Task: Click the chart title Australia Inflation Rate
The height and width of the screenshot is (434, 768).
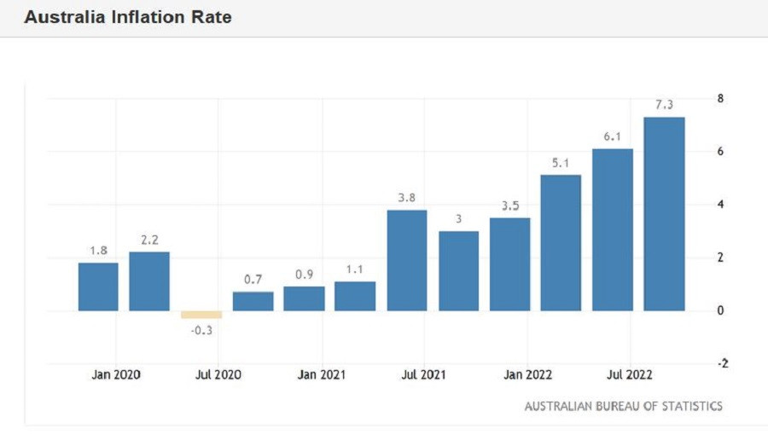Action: point(128,17)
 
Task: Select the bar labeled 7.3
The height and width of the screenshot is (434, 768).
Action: point(664,213)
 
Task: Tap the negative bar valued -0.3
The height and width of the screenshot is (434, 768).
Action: point(201,314)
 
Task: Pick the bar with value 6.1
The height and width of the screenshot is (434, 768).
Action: point(613,229)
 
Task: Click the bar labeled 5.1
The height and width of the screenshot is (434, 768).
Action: point(561,242)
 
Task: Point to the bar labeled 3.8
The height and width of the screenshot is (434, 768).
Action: point(406,260)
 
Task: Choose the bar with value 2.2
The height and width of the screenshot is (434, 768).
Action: point(149,281)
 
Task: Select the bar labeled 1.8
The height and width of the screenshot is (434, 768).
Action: point(98,286)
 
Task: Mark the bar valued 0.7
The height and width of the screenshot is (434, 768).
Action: point(253,301)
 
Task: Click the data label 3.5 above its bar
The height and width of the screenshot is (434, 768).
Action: point(509,205)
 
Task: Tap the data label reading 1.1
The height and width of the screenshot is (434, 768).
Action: point(355,269)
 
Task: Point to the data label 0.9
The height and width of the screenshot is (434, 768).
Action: point(304,275)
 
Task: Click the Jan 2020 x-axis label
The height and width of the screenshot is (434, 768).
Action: point(116,374)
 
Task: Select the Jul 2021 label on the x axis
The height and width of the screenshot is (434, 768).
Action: point(423,374)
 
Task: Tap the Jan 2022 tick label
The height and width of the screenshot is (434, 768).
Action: point(527,374)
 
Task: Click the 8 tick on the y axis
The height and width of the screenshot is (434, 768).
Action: point(720,99)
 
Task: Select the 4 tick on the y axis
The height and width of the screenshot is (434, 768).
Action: point(720,205)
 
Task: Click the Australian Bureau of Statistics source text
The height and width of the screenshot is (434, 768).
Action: point(623,406)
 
